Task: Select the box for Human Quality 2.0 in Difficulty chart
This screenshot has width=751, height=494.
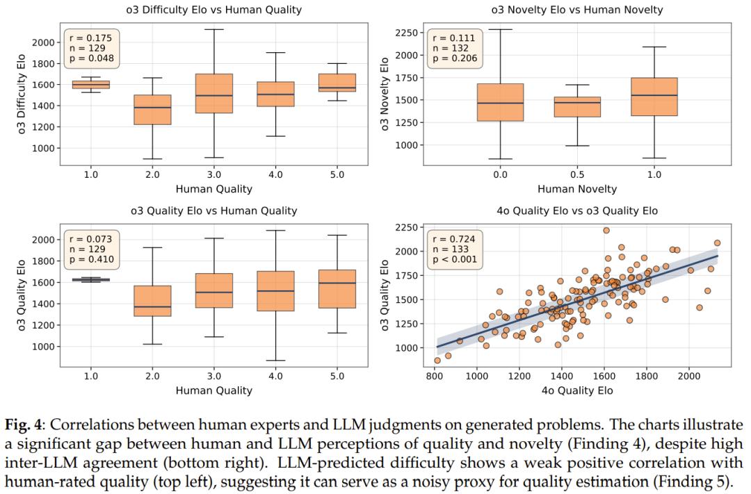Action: pos(152,110)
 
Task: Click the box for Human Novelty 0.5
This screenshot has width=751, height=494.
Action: pos(577,106)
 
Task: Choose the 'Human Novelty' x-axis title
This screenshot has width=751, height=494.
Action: pos(576,189)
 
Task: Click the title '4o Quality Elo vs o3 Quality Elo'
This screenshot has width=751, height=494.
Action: pos(576,211)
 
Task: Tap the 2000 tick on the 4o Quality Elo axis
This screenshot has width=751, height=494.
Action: pos(689,376)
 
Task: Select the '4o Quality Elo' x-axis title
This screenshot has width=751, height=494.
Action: pos(576,390)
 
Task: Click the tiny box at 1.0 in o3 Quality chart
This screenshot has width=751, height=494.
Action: pos(90,279)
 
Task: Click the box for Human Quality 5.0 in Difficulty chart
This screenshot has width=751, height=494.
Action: pos(337,83)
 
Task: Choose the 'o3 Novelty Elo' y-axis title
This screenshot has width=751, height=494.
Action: pos(385,94)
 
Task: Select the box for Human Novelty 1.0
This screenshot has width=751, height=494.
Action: pos(654,97)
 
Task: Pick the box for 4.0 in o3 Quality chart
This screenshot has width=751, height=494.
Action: pos(275,290)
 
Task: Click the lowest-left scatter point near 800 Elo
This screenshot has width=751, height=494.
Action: pos(437,361)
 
